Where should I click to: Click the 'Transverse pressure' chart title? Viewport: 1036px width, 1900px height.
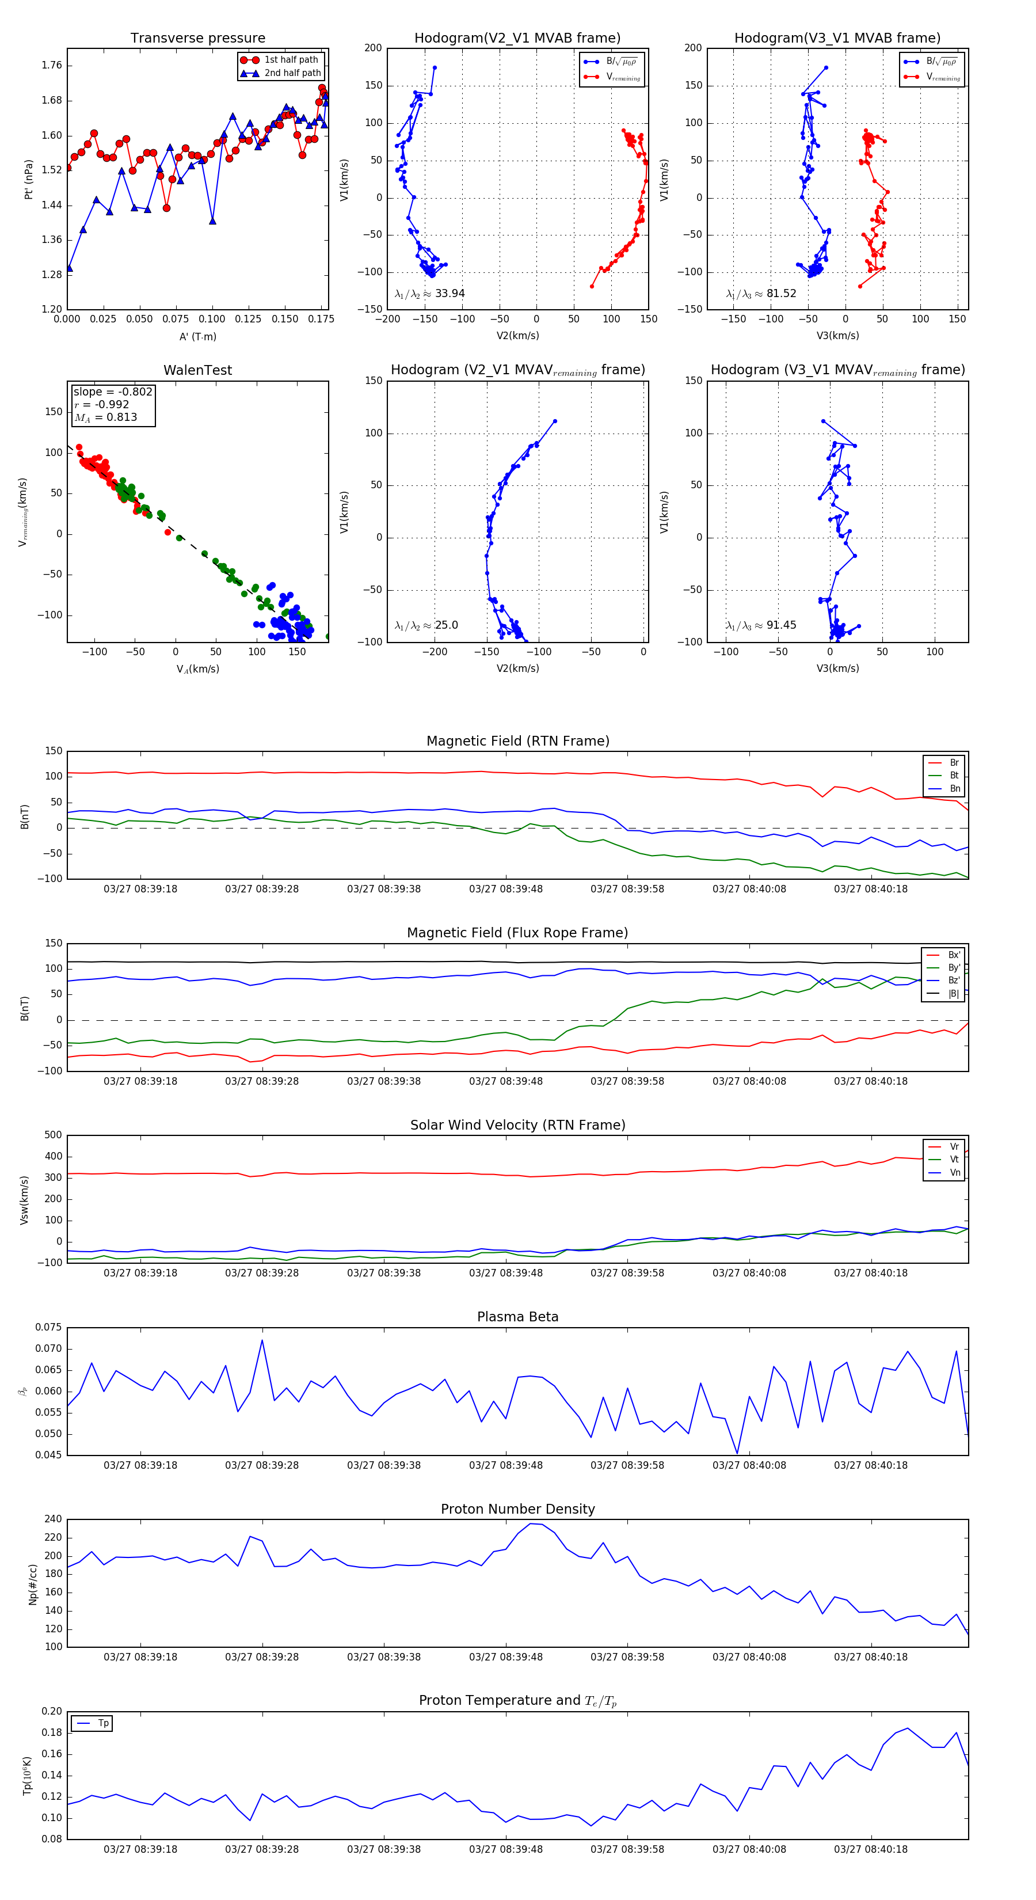click(x=197, y=39)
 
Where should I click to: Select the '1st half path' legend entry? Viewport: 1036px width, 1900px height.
click(x=291, y=60)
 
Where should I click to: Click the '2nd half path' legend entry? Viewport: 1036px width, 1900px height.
click(x=292, y=73)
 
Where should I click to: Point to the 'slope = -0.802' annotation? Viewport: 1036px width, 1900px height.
click(x=113, y=392)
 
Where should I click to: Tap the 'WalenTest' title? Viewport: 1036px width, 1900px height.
click(x=197, y=370)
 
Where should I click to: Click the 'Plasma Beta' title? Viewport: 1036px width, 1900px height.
click(x=517, y=1317)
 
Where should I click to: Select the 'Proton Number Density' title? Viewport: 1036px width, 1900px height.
click(x=517, y=1509)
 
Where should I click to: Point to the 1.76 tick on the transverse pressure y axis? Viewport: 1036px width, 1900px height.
click(x=52, y=66)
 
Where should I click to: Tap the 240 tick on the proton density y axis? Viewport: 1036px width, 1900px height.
click(x=53, y=1519)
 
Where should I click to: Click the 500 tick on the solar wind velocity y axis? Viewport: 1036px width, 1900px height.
click(x=53, y=1135)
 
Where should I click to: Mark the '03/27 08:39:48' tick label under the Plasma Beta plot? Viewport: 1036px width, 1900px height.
click(x=506, y=1465)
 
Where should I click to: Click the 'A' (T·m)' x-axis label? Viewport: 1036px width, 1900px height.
click(x=197, y=336)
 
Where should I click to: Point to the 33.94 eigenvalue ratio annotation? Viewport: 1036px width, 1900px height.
click(x=430, y=294)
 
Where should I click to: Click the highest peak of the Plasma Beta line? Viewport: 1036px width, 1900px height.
click(x=262, y=1340)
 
